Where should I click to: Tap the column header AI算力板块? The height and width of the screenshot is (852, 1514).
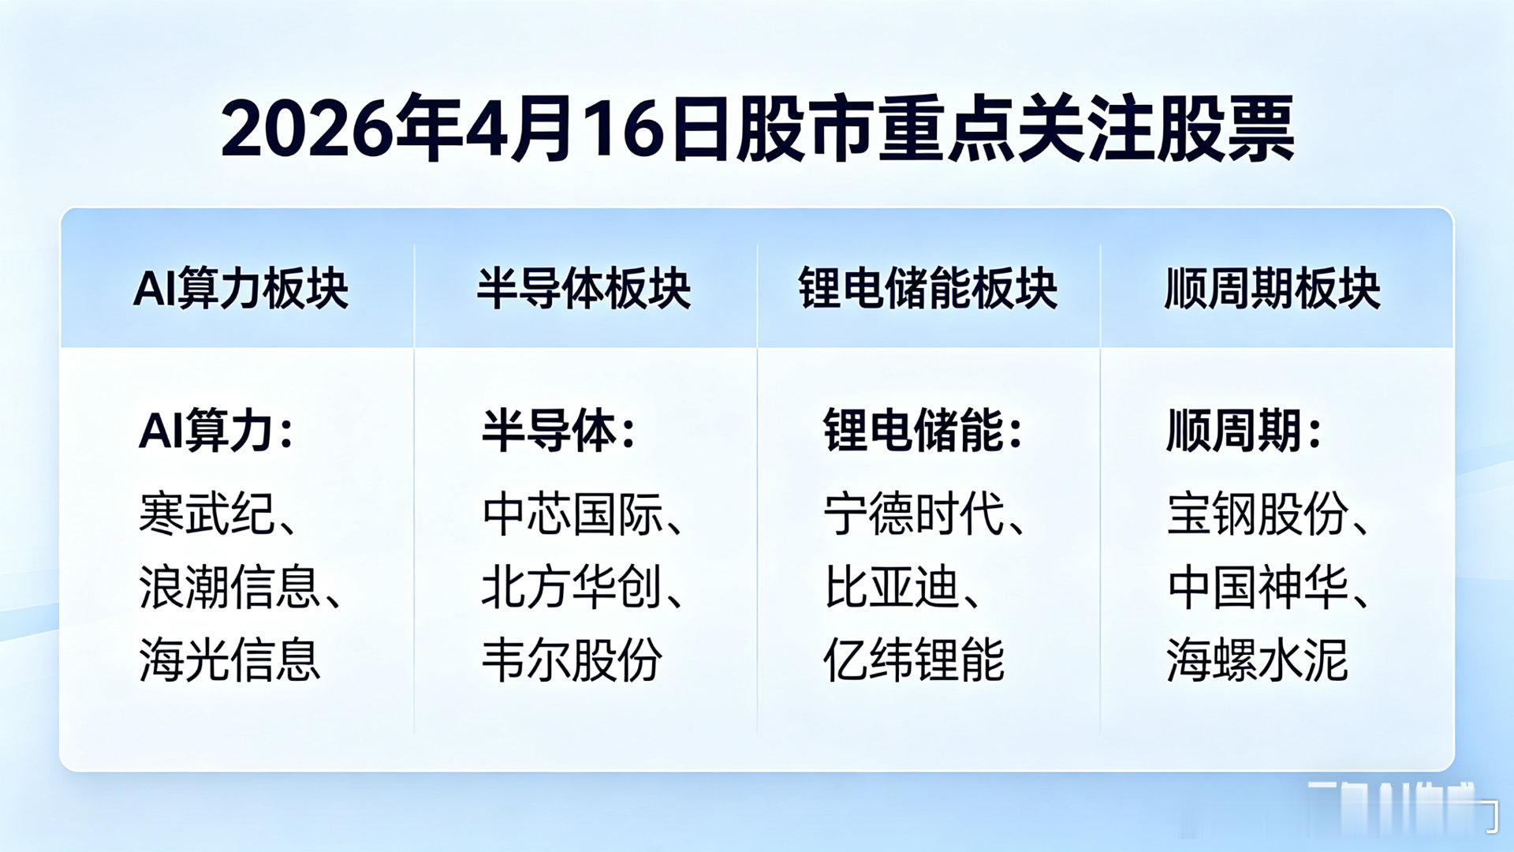(241, 289)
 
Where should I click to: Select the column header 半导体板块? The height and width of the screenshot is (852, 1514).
(584, 289)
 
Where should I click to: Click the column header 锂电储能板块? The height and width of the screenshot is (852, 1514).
(927, 289)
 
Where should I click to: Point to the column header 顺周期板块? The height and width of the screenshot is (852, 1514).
(1272, 289)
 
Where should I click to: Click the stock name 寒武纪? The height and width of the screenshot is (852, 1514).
(207, 514)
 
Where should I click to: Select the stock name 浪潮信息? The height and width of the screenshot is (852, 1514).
(229, 588)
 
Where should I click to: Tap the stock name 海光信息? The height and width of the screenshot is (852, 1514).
(229, 660)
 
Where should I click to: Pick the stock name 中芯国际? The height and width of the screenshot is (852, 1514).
(572, 514)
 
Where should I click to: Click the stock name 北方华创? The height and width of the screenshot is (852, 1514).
(572, 588)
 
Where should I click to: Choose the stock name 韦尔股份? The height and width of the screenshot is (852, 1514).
(572, 660)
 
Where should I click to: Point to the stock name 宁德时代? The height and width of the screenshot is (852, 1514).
(914, 514)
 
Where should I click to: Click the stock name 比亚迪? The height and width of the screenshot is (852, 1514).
(892, 588)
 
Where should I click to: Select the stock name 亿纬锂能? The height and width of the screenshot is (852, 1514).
(914, 660)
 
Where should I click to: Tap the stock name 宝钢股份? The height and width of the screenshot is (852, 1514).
(1257, 514)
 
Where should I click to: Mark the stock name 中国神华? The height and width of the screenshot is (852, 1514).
(1257, 588)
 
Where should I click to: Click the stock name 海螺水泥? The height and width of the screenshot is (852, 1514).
(1257, 660)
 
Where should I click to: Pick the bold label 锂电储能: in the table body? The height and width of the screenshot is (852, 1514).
(923, 432)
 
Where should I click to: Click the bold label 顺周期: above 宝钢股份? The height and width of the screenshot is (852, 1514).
(1244, 432)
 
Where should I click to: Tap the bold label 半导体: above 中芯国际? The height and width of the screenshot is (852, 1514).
(558, 432)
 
